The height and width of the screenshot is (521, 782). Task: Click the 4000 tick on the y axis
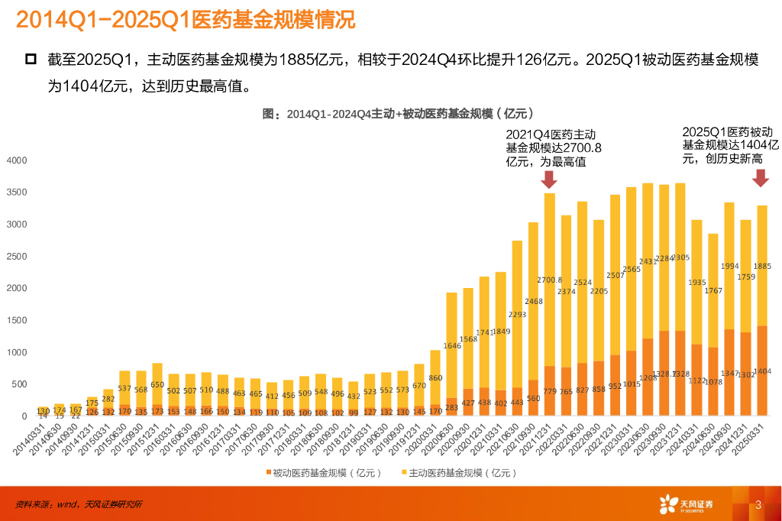16,160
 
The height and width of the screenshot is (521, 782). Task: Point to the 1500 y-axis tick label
16,320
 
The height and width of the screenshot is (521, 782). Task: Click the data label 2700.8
550,280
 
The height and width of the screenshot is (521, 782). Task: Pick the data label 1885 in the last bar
762,267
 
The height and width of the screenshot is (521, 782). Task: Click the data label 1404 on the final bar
762,372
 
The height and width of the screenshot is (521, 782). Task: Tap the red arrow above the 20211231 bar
548,180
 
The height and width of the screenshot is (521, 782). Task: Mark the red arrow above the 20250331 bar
760,178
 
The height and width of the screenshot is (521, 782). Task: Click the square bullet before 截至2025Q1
31,59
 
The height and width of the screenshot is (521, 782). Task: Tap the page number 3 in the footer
758,504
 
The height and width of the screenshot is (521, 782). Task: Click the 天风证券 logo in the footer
686,504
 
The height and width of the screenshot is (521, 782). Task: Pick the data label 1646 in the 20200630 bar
453,346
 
